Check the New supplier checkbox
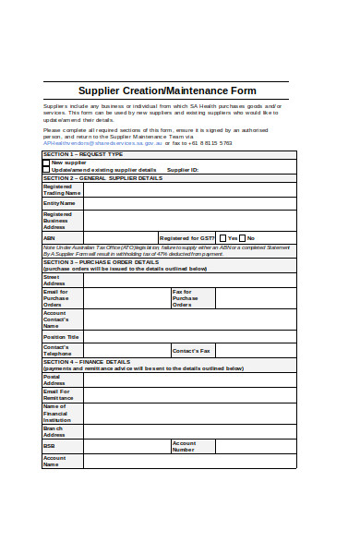pos(46,163)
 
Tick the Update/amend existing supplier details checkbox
pos(46,170)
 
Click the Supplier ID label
pos(183,171)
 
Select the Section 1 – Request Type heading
pos(83,154)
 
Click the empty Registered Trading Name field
pos(186,189)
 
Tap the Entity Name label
pos(59,203)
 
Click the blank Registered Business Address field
pos(186,221)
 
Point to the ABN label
pos(49,237)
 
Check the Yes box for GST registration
pos(222,237)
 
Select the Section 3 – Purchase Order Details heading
pos(102,261)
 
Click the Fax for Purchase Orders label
pos(185,297)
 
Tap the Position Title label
pos(61,337)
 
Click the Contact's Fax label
pos(191,351)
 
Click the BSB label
pos(49,446)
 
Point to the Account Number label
pos(184,446)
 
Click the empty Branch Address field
pos(186,430)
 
